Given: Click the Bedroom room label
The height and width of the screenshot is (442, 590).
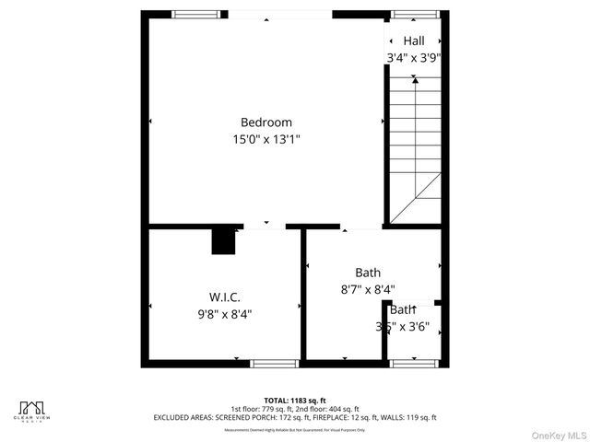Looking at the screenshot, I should (266, 122).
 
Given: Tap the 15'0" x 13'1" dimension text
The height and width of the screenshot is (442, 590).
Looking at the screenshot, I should (266, 140).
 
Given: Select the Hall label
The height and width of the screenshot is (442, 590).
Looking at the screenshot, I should (413, 41).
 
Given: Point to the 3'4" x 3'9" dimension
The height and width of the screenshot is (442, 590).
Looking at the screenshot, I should (413, 58).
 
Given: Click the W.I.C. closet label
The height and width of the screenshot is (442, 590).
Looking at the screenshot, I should (224, 297).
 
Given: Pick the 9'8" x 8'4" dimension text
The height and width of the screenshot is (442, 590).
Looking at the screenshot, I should (224, 314).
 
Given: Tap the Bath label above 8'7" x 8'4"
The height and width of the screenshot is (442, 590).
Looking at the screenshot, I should (368, 273).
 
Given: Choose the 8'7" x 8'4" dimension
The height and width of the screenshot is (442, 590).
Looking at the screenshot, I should (368, 289).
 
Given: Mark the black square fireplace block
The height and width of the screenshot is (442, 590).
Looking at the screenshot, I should (224, 241).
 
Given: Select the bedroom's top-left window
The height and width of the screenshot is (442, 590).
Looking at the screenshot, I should (191, 14).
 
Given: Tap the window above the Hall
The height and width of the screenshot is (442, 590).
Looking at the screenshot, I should (414, 14).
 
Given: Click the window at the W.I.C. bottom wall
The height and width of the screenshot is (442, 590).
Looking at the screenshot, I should (276, 363).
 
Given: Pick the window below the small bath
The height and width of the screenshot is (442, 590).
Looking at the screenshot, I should (414, 363).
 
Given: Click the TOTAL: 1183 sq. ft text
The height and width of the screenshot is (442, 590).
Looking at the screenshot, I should (294, 400).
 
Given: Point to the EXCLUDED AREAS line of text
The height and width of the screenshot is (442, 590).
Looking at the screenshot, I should (294, 418).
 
